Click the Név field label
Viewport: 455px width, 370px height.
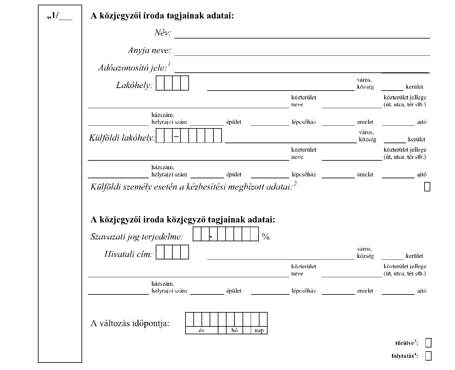click(x=163, y=33)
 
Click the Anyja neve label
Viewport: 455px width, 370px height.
click(x=149, y=51)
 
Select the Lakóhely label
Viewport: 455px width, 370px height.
click(x=134, y=85)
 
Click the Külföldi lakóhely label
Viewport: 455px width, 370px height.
click(x=122, y=138)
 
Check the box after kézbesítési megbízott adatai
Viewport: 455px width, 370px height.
click(x=427, y=187)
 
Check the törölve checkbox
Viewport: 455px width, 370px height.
click(x=428, y=343)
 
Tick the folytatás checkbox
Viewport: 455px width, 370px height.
click(x=428, y=356)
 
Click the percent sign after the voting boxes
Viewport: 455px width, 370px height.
click(x=266, y=237)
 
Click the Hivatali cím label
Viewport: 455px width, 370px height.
click(x=128, y=254)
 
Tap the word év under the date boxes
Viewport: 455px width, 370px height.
click(x=202, y=330)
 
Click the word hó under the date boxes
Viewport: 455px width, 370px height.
click(x=234, y=330)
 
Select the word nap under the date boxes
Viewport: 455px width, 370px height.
click(x=259, y=331)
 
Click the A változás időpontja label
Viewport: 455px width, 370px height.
click(x=130, y=323)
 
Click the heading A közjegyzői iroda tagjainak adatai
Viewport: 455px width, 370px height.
click(x=162, y=16)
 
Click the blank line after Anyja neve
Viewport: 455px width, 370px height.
click(x=302, y=55)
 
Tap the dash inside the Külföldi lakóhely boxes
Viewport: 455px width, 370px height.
click(x=176, y=136)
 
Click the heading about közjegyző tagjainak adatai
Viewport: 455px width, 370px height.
click(x=183, y=220)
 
